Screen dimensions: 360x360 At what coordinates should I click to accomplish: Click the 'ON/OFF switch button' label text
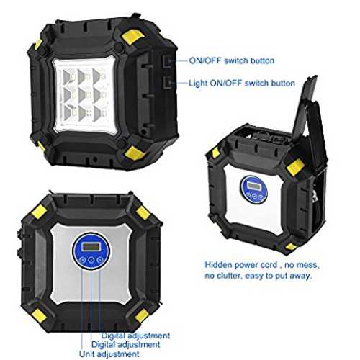point(232,60)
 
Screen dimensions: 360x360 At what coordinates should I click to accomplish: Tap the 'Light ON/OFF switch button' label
point(242,84)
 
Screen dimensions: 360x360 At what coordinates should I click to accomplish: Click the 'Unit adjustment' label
point(109,354)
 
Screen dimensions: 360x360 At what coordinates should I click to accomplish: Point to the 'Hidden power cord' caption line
point(262,265)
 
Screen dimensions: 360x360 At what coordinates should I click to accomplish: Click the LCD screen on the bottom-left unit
point(91,246)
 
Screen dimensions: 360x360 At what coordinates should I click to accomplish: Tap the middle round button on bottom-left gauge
point(91,260)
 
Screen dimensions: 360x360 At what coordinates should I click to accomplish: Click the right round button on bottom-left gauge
point(100,260)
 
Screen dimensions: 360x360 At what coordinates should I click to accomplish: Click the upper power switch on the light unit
point(168,61)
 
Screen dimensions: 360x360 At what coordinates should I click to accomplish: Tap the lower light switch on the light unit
point(168,83)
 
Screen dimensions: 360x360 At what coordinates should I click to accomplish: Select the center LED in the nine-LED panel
point(83,95)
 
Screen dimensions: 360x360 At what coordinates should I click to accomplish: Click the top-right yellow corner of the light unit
point(132,37)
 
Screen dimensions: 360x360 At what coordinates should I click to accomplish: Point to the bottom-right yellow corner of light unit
point(135,153)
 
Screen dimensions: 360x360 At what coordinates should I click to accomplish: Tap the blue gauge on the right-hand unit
point(254,190)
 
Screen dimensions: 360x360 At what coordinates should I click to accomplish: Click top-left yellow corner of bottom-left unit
point(39,212)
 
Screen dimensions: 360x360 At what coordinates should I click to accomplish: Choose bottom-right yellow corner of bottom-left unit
point(141,315)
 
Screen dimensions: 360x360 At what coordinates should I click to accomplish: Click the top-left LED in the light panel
point(68,77)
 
